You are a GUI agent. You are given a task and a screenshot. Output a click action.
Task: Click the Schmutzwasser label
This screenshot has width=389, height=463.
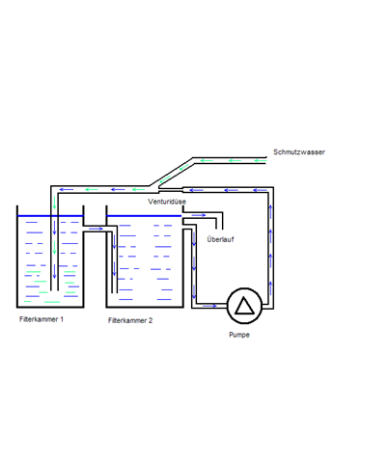click(299, 152)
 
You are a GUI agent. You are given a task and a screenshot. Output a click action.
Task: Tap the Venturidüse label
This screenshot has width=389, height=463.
click(167, 202)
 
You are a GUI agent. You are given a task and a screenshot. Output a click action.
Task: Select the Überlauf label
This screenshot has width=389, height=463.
click(220, 239)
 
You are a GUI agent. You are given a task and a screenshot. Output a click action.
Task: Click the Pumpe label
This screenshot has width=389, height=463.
click(239, 335)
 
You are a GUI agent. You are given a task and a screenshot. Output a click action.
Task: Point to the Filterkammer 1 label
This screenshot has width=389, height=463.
click(42, 319)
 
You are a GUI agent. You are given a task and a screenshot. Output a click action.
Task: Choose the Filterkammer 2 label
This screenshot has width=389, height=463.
click(130, 320)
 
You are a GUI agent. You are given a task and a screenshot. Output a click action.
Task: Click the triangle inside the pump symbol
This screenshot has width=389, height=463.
click(244, 306)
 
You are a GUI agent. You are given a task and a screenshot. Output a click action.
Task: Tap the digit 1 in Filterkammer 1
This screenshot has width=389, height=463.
click(62, 319)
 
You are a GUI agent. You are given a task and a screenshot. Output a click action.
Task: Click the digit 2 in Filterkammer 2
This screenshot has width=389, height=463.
click(151, 320)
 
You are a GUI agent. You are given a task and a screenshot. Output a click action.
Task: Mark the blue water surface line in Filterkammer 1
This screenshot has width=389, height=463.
click(50, 216)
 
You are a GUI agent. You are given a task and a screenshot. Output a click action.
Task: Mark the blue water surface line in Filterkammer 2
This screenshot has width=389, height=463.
click(144, 216)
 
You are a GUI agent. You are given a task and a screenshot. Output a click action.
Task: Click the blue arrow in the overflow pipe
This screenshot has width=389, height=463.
click(199, 215)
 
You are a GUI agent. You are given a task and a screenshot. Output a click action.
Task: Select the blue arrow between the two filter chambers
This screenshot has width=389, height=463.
click(96, 229)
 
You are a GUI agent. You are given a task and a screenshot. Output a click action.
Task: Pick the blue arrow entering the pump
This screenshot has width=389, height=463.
click(209, 306)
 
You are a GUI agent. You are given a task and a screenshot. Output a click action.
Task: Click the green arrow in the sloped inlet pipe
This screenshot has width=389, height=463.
click(183, 167)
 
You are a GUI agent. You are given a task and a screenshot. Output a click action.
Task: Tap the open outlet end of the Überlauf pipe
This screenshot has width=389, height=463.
click(219, 229)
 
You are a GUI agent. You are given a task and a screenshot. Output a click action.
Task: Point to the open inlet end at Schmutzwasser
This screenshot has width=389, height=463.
click(266, 160)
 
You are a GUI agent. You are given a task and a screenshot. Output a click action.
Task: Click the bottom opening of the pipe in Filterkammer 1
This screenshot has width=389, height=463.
click(54, 290)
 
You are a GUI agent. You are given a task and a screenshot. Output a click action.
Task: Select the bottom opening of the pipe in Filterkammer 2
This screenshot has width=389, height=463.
click(114, 293)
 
